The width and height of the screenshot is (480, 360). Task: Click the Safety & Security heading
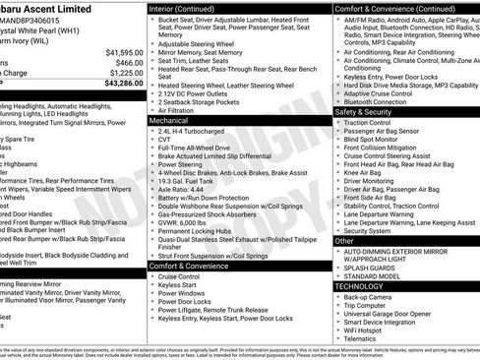[367, 112]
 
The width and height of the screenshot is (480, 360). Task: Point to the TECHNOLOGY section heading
[362, 285]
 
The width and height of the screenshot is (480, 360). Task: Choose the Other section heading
[344, 240]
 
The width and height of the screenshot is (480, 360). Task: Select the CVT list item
[165, 140]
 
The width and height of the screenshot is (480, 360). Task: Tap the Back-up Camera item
[368, 296]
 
